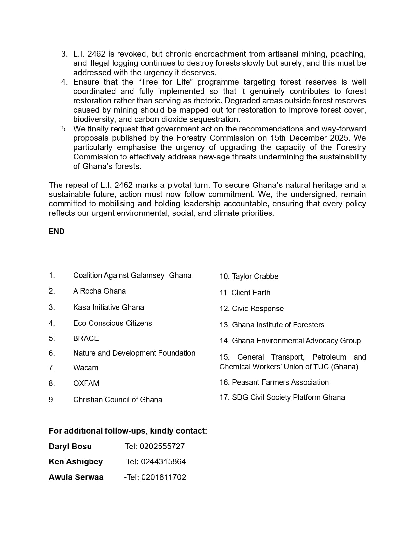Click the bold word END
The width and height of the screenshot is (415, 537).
(x=57, y=231)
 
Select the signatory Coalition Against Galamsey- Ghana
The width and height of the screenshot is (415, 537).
(x=132, y=275)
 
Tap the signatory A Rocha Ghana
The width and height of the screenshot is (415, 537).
(x=99, y=291)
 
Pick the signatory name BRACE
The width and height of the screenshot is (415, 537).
(x=86, y=338)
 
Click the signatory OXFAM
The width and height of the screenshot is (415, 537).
(x=86, y=383)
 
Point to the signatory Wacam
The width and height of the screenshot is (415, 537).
(x=86, y=368)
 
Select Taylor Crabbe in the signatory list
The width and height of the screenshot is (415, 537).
(x=255, y=276)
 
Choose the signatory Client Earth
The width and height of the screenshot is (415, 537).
(x=251, y=293)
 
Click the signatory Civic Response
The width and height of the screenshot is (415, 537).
(x=257, y=309)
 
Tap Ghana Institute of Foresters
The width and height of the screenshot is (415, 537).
(x=278, y=325)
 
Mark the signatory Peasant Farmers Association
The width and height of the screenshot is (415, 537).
(x=280, y=382)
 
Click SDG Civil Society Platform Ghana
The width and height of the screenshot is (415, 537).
(x=288, y=397)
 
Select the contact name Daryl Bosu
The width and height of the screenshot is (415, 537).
(x=70, y=446)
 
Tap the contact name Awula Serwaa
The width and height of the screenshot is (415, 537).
(x=76, y=477)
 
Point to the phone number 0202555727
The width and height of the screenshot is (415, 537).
(x=162, y=446)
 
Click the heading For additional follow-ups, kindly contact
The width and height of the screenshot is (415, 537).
(x=128, y=431)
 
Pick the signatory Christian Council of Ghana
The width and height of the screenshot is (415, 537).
(x=118, y=400)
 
